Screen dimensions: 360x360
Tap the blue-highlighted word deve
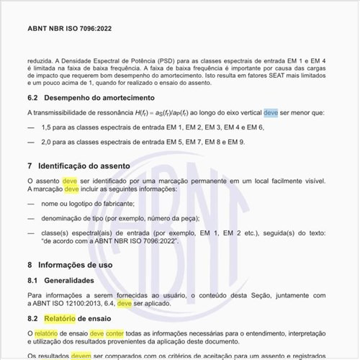[271, 113]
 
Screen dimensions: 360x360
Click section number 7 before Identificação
[30, 166]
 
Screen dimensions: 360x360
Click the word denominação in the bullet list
[67, 218]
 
